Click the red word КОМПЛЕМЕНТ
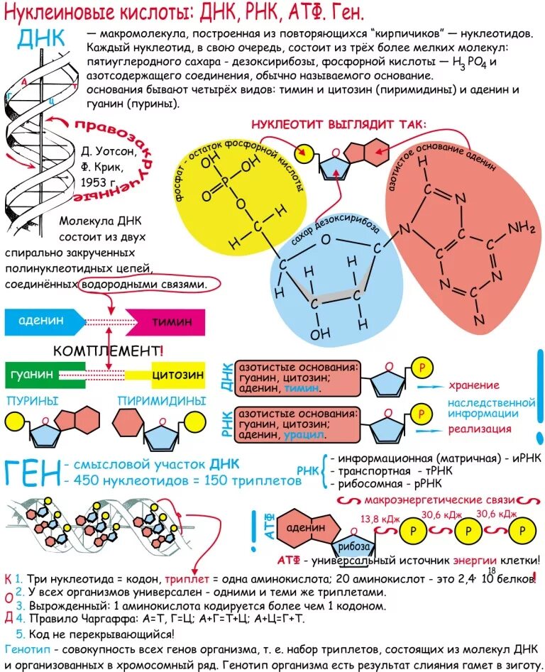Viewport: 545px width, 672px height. [107, 351]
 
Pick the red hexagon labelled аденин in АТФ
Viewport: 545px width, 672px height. [307, 528]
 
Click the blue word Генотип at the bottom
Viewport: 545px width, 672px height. [26, 650]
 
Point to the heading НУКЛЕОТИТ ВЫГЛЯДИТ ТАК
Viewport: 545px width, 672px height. [338, 124]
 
